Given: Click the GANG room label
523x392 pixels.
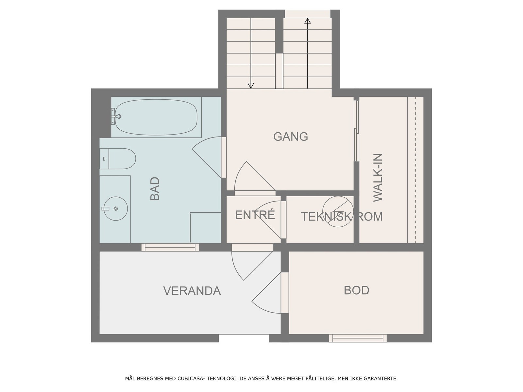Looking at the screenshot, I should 291,137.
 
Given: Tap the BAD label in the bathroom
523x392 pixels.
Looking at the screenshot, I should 155,188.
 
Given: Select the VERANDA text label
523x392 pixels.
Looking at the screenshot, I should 192,291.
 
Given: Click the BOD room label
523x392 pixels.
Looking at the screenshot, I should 356,290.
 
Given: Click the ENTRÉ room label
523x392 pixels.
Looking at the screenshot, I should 255,215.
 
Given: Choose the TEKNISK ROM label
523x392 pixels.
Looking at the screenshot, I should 342,217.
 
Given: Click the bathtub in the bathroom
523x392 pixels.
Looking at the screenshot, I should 157,117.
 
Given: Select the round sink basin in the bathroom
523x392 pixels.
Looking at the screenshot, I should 115,208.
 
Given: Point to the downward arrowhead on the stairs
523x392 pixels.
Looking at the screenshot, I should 251,85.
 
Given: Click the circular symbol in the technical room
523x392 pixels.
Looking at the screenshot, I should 338,212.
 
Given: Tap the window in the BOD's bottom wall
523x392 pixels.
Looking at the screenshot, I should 358,338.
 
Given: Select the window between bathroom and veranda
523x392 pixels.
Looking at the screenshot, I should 170,247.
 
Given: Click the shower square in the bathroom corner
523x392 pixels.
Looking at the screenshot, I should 206,227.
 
